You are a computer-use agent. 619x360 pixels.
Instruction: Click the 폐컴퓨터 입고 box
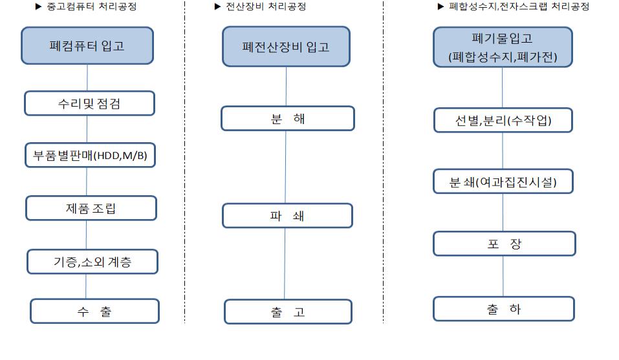(x=87, y=46)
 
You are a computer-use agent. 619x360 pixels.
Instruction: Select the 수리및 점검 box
(x=90, y=103)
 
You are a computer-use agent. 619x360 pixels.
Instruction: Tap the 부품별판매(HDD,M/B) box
(x=90, y=155)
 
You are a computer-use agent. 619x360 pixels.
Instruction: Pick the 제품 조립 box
(x=91, y=208)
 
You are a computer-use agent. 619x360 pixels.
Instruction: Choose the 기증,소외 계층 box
(x=92, y=261)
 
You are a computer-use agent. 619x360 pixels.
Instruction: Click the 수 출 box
(x=94, y=311)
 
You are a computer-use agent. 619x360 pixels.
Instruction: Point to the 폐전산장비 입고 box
(x=286, y=47)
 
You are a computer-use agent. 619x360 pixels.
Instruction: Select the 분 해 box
(x=288, y=118)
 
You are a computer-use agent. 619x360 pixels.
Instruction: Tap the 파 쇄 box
(x=287, y=216)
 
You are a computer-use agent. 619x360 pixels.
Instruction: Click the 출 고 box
(x=288, y=312)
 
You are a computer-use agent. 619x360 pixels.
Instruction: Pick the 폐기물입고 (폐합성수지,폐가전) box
(x=503, y=47)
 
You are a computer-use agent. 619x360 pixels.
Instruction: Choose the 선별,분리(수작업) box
(x=503, y=120)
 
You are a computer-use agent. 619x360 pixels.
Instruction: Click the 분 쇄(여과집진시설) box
(x=503, y=182)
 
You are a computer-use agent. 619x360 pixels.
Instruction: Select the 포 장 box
(x=504, y=244)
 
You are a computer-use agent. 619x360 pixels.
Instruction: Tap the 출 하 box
(x=504, y=309)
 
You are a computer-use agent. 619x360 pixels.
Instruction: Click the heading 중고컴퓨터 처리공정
(x=92, y=6)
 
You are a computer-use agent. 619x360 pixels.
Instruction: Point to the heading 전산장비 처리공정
(x=266, y=6)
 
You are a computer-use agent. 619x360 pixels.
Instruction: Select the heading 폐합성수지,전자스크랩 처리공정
(x=519, y=6)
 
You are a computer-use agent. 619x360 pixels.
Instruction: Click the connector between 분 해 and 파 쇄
(x=285, y=167)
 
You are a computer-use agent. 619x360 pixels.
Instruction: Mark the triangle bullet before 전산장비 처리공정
(x=217, y=6)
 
